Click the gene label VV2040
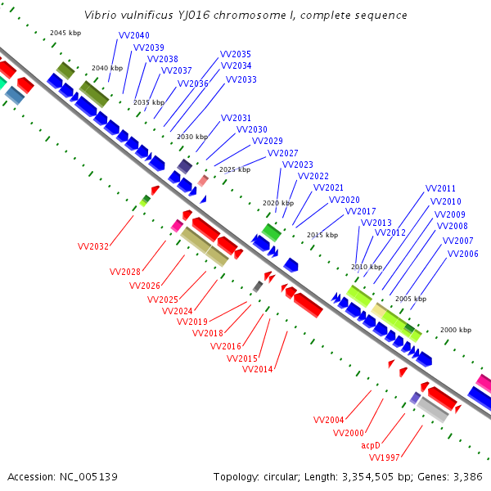coord(134,35)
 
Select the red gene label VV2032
coord(93,246)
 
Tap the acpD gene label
coord(371,445)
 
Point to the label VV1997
coord(385,457)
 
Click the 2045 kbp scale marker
coord(65,33)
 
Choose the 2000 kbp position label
coord(456,330)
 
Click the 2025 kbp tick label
coord(235,169)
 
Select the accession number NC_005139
coord(88,477)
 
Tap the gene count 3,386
coord(468,477)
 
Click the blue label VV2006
coord(463,254)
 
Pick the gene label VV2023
coord(298,164)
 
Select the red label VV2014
coord(258,369)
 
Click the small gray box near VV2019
coord(258,286)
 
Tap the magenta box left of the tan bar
coord(178,226)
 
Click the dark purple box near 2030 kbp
coord(185,166)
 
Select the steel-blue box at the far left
coord(15,96)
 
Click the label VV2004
coord(328,420)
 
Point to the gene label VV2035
coord(236,54)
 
